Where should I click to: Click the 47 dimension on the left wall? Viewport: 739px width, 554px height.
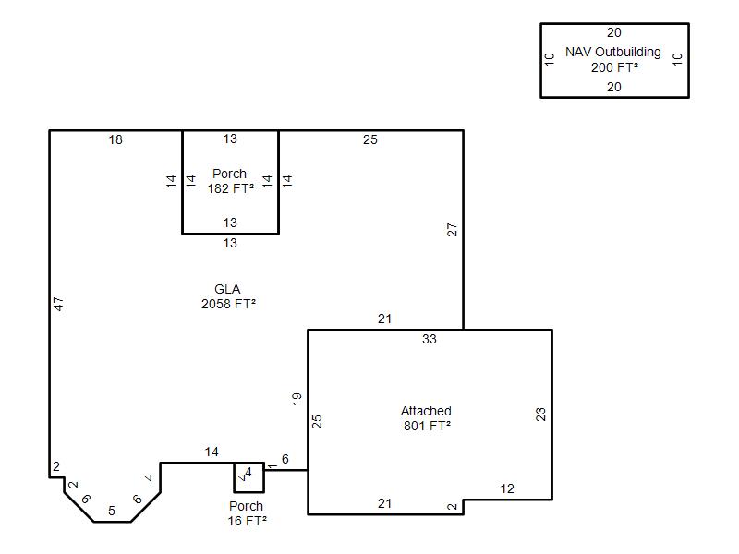[x=58, y=304]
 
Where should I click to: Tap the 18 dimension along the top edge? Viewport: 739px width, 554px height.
[x=115, y=140]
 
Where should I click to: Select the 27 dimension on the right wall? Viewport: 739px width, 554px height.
[x=452, y=230]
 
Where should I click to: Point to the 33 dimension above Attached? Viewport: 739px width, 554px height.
[x=430, y=339]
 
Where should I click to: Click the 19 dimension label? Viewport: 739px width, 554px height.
[x=297, y=399]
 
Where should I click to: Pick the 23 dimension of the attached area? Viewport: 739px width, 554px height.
[x=540, y=415]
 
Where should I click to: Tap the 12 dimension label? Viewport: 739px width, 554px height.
[x=507, y=489]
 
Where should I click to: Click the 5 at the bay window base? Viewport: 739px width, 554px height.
[x=112, y=511]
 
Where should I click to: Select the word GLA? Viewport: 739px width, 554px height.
[x=227, y=289]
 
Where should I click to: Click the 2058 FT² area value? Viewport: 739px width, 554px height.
[x=228, y=304]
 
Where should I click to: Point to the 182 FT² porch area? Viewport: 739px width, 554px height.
[x=230, y=188]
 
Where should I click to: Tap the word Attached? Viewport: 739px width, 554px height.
[x=426, y=411]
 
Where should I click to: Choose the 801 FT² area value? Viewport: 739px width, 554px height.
[x=427, y=426]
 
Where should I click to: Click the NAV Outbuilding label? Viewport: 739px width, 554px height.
[x=613, y=52]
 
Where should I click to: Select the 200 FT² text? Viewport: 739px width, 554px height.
[x=614, y=67]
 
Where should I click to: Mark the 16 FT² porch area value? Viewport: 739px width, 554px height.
[x=247, y=521]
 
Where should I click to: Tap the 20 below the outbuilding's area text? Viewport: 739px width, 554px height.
[x=614, y=87]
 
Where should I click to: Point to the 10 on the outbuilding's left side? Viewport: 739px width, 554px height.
[x=550, y=59]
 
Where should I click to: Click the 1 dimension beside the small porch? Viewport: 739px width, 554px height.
[x=273, y=466]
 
